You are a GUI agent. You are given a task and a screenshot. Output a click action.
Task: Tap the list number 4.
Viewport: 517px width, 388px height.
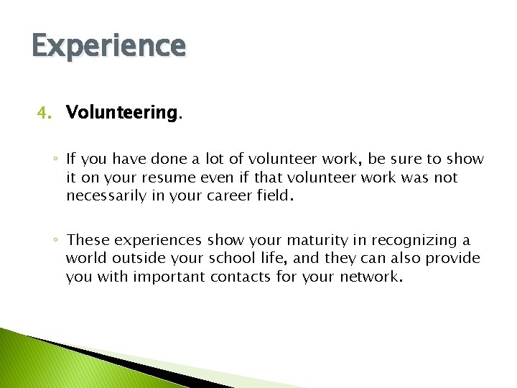tap(45, 113)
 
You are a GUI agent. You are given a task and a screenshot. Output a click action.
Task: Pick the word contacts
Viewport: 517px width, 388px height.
tap(241, 277)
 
